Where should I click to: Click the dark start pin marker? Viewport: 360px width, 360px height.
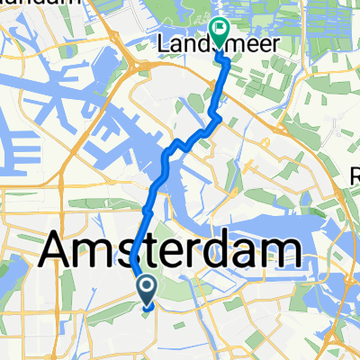[146, 289]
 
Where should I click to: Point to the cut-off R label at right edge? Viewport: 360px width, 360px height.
[354, 178]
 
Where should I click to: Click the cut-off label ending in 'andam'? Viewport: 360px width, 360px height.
[27, 4]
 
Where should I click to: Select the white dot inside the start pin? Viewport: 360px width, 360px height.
[146, 286]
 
